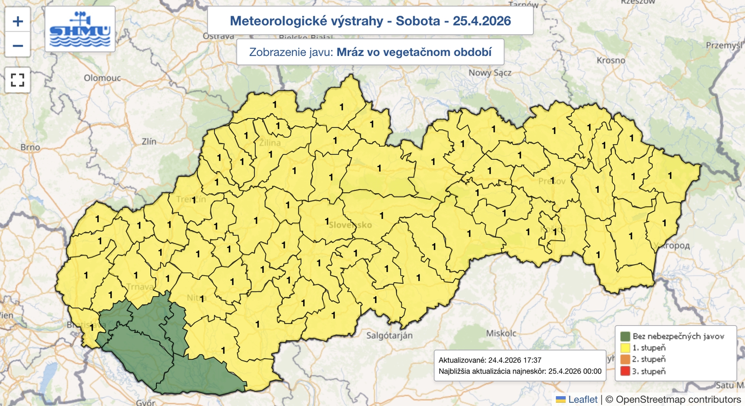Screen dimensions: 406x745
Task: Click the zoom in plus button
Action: coord(18,21)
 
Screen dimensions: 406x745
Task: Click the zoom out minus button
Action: coord(18,46)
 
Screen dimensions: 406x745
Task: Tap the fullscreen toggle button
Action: coord(18,80)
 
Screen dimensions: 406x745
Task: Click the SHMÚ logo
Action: coord(80,29)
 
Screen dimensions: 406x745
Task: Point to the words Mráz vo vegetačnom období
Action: coord(414,52)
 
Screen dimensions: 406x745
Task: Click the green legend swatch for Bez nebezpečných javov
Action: coord(625,336)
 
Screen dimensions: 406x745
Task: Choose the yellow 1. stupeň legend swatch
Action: coord(625,348)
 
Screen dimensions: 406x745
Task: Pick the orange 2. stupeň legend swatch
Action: coord(625,359)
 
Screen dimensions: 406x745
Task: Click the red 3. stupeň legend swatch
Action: coord(625,371)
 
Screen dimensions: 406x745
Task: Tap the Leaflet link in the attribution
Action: coord(582,399)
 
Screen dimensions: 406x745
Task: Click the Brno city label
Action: coord(30,147)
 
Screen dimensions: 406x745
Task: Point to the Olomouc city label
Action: coord(102,78)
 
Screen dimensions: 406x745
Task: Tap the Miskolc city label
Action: coord(501,333)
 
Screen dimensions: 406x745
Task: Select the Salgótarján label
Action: coord(389,335)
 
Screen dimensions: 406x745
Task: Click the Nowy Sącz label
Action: coord(489,73)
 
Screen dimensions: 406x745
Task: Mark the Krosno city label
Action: coord(611,61)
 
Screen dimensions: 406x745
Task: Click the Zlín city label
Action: coord(149,141)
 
